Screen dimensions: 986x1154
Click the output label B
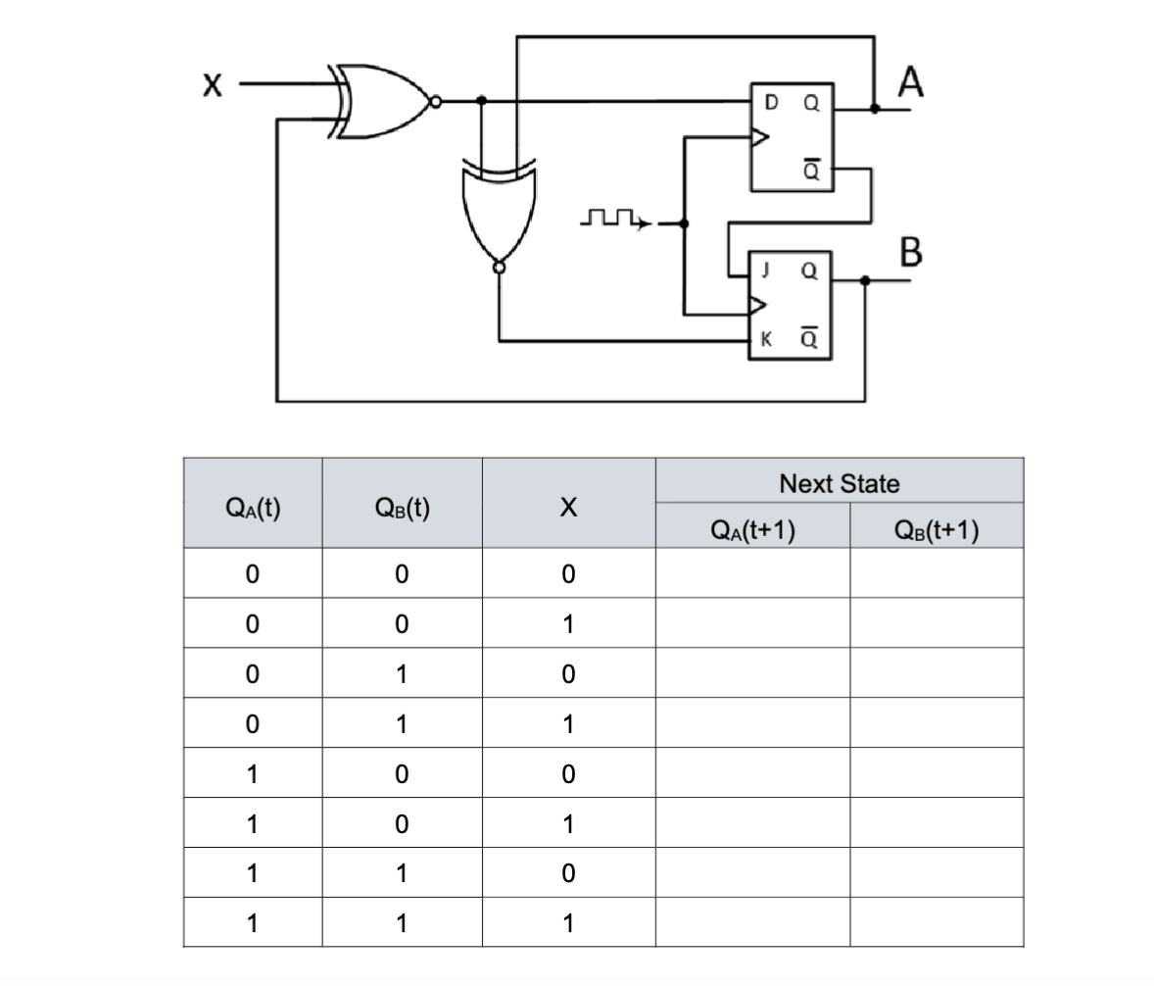(x=910, y=252)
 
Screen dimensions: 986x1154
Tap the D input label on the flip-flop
(x=770, y=101)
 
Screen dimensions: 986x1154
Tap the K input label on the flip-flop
(x=766, y=340)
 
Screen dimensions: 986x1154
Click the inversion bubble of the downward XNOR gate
(x=499, y=265)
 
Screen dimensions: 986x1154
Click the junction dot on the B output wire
(x=863, y=280)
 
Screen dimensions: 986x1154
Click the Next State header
(x=839, y=483)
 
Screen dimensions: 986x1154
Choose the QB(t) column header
(x=402, y=507)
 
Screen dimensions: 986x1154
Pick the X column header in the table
(x=567, y=508)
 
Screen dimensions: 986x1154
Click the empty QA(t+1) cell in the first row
(x=751, y=573)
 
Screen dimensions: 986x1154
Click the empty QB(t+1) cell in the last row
(x=936, y=922)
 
